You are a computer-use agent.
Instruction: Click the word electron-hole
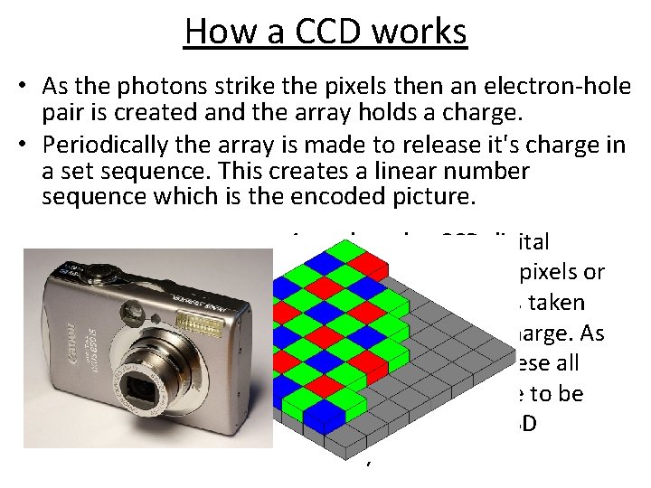[x=542, y=89]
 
